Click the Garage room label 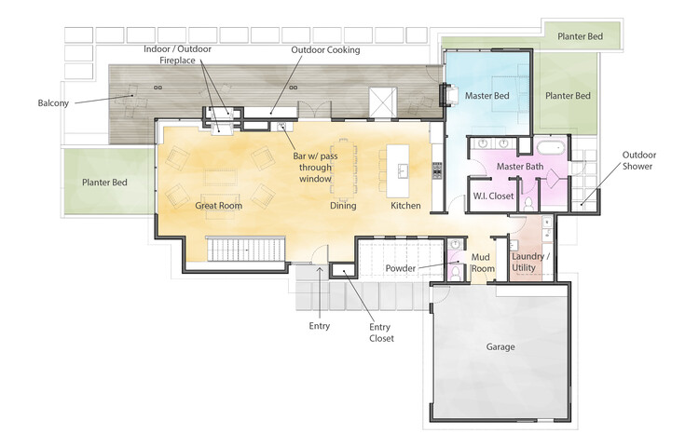pos(500,346)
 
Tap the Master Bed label pos(487,95)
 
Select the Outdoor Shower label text pos(638,160)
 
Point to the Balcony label pos(53,103)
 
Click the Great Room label pos(218,205)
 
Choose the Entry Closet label pos(381,332)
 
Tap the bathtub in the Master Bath pos(551,148)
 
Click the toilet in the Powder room pos(455,272)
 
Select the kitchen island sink pos(403,170)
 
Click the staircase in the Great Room pos(246,250)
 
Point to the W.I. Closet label pos(493,196)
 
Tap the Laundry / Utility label pos(530,263)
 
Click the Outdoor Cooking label pos(325,50)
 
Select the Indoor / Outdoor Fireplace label pos(177,54)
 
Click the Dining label pos(343,205)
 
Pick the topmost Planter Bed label pos(580,36)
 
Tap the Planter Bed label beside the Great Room pos(104,183)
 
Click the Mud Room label pos(483,263)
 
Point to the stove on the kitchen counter pos(437,170)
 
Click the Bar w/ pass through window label pos(315,168)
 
